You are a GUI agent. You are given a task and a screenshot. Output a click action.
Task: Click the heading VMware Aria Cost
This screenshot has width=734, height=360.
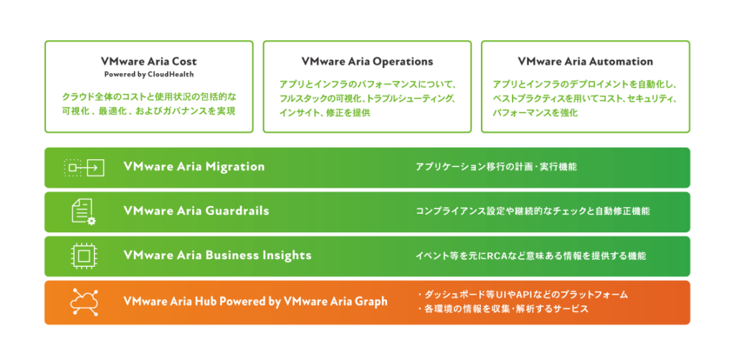point(148,62)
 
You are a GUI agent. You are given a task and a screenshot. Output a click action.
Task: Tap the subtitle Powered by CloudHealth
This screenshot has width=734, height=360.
point(148,74)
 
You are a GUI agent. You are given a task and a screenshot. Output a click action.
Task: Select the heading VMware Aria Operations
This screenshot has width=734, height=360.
point(368,62)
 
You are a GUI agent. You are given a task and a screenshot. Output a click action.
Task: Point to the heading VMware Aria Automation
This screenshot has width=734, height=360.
point(585,62)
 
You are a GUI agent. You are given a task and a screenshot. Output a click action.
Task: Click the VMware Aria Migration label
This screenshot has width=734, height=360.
point(194,166)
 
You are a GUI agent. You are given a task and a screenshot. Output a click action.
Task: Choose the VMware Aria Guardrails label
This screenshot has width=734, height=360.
point(196,211)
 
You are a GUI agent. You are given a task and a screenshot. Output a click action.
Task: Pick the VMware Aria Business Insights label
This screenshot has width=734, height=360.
point(217,255)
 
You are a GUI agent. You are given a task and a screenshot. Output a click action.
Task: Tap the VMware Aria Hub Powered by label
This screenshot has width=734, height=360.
point(202,301)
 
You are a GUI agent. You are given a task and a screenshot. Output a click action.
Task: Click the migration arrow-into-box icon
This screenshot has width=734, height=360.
point(84,167)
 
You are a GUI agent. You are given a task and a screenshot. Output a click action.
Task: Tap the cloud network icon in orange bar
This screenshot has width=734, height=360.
point(84,302)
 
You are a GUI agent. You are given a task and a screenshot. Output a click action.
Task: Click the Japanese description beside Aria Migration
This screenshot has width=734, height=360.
point(496,166)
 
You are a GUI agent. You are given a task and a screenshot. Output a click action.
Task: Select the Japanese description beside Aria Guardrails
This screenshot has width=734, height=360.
point(533,211)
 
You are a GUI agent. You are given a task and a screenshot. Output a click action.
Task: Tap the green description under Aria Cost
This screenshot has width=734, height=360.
point(148,104)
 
